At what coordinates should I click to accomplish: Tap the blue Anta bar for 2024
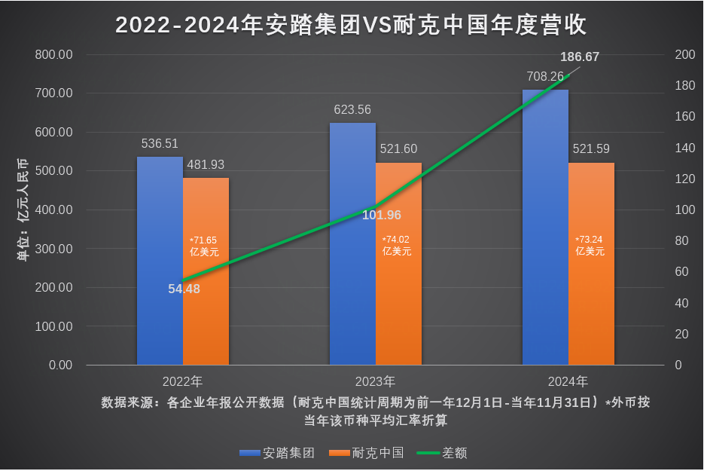coord(545,226)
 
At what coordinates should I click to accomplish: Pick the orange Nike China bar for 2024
coord(591,301)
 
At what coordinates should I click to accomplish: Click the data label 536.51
coord(160,144)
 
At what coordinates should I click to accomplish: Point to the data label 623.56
coord(352,110)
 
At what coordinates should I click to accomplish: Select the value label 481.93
coord(206,164)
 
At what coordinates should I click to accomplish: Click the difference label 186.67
coord(580,57)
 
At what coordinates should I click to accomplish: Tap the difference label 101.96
coord(382,216)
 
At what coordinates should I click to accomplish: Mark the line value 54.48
coord(184,289)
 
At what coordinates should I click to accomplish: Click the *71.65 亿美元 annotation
coord(204,246)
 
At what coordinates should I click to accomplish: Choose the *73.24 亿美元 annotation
coord(590,246)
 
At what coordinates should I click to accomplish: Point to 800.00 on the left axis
coord(55,55)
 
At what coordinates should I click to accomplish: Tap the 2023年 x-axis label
coord(375,381)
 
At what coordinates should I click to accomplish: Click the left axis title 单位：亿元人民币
coord(23,210)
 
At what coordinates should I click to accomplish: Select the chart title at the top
coord(352,26)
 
